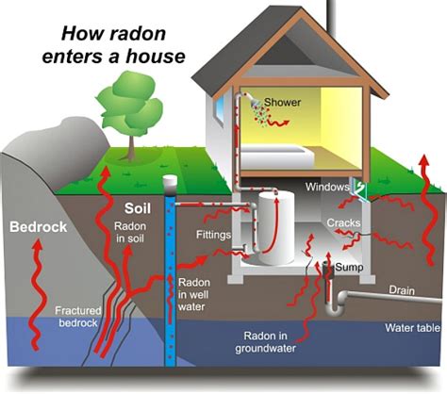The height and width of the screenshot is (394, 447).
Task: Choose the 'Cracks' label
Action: tap(344, 223)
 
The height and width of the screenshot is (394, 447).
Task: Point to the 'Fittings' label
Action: tap(214, 234)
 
